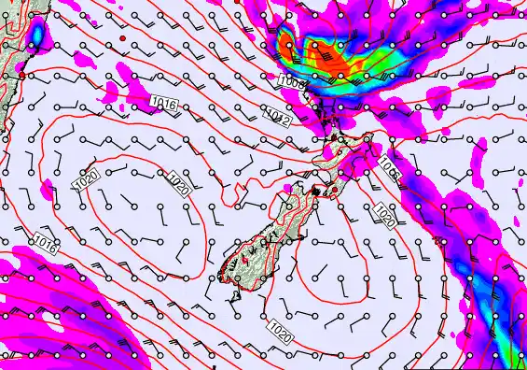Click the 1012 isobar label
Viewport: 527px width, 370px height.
[278, 116]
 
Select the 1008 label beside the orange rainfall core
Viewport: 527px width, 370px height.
[292, 82]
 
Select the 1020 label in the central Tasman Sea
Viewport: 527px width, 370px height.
[177, 183]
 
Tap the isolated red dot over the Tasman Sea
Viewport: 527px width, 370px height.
[122, 38]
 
